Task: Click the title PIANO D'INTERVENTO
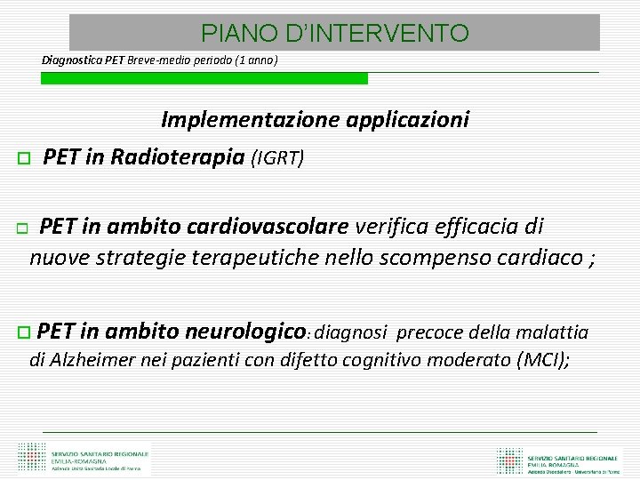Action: (334, 34)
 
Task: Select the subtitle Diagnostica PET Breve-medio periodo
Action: (160, 60)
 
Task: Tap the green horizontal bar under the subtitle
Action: (204, 78)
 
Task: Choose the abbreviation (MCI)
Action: (540, 360)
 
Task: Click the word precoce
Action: (425, 332)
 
